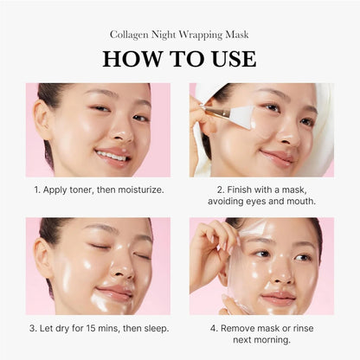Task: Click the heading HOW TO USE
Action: click(179, 59)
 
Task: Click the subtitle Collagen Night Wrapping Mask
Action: click(179, 35)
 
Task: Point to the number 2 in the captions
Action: click(221, 189)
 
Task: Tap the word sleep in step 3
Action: click(151, 329)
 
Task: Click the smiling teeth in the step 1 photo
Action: click(112, 156)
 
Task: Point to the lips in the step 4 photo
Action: click(279, 297)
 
